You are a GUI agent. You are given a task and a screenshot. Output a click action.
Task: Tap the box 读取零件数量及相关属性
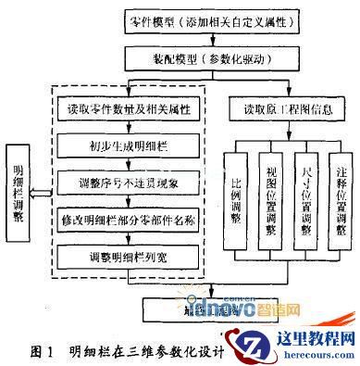135,109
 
